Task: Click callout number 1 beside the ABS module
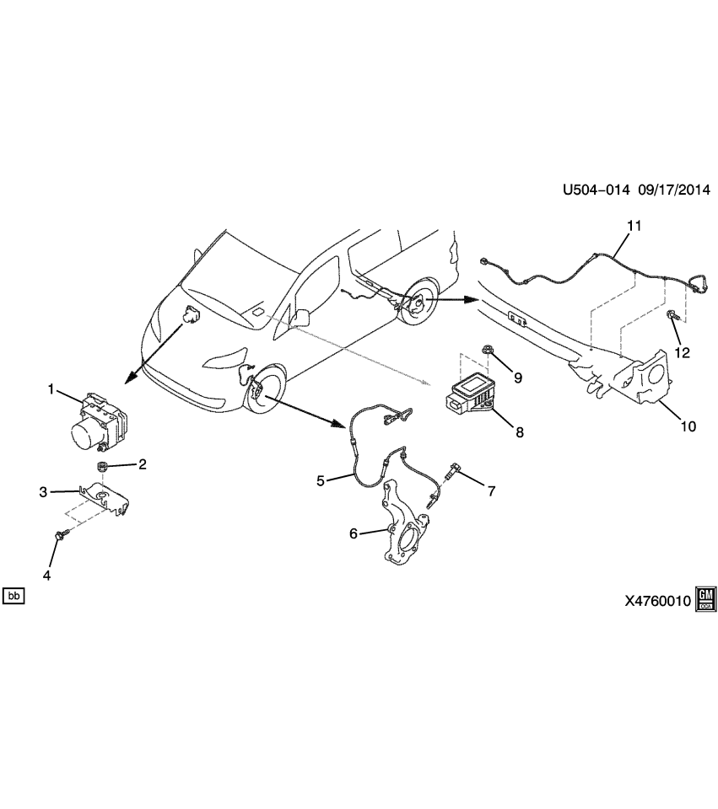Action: (51, 389)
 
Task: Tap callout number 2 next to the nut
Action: (143, 463)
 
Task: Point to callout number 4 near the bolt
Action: (47, 576)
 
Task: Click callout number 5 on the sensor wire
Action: (321, 480)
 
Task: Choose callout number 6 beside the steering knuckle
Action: (354, 532)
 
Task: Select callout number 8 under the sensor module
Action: (520, 432)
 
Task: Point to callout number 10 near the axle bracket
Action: (688, 426)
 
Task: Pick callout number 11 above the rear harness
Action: (634, 226)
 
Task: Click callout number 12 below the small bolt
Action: (682, 353)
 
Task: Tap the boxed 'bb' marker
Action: (13, 597)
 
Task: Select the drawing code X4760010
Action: (657, 601)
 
